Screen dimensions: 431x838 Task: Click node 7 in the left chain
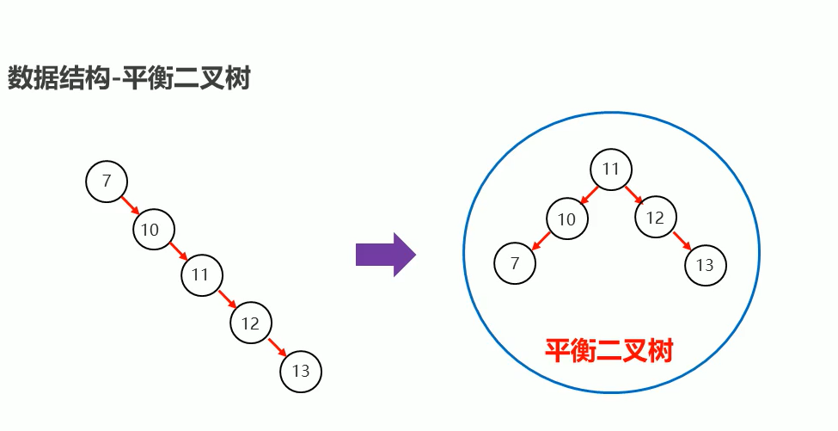click(107, 182)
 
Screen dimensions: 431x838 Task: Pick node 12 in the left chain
click(251, 323)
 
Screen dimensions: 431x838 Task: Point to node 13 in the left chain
click(301, 372)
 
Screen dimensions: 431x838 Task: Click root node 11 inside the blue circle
click(611, 169)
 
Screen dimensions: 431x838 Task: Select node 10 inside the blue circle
click(566, 219)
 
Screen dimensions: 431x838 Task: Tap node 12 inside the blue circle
click(656, 218)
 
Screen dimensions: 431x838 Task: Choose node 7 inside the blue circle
click(516, 263)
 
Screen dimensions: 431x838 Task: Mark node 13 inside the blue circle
click(706, 265)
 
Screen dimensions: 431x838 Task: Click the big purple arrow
click(385, 255)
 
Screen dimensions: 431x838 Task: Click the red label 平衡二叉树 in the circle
click(609, 350)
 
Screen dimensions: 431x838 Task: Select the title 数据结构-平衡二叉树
click(129, 78)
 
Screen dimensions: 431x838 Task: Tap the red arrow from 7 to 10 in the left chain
click(130, 206)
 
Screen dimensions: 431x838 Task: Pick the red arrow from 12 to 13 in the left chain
click(276, 348)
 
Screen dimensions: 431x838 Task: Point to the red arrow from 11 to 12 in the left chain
click(227, 299)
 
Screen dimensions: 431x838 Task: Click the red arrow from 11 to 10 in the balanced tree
click(590, 194)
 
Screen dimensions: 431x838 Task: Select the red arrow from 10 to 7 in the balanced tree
click(541, 242)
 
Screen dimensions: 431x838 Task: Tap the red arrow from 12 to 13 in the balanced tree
click(682, 242)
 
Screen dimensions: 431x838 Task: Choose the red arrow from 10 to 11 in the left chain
click(178, 252)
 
